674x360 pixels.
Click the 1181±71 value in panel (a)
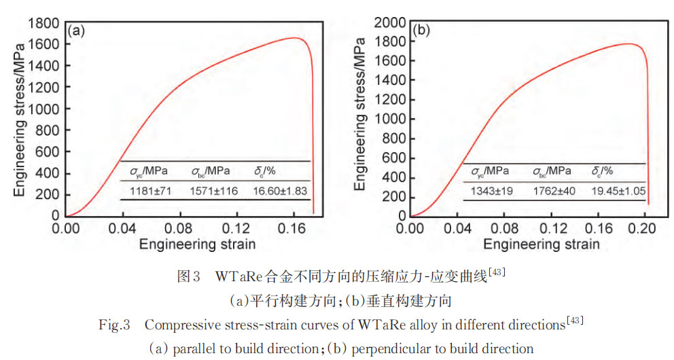tap(147, 191)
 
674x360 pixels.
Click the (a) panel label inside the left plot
tap(75, 31)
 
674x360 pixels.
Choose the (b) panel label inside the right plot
tap(421, 31)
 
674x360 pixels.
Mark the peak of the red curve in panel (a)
tap(296, 37)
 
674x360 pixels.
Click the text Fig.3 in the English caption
tap(115, 325)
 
